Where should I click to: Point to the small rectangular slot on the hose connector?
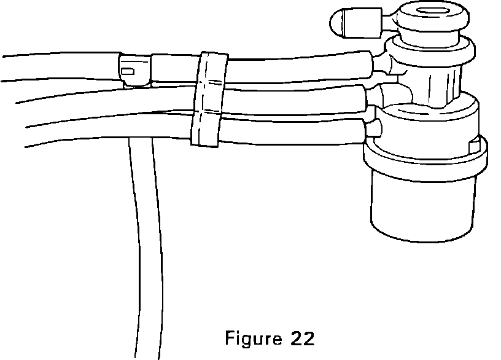pyautogui.click(x=128, y=72)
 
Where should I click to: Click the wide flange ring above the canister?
pyautogui.click(x=424, y=154)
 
